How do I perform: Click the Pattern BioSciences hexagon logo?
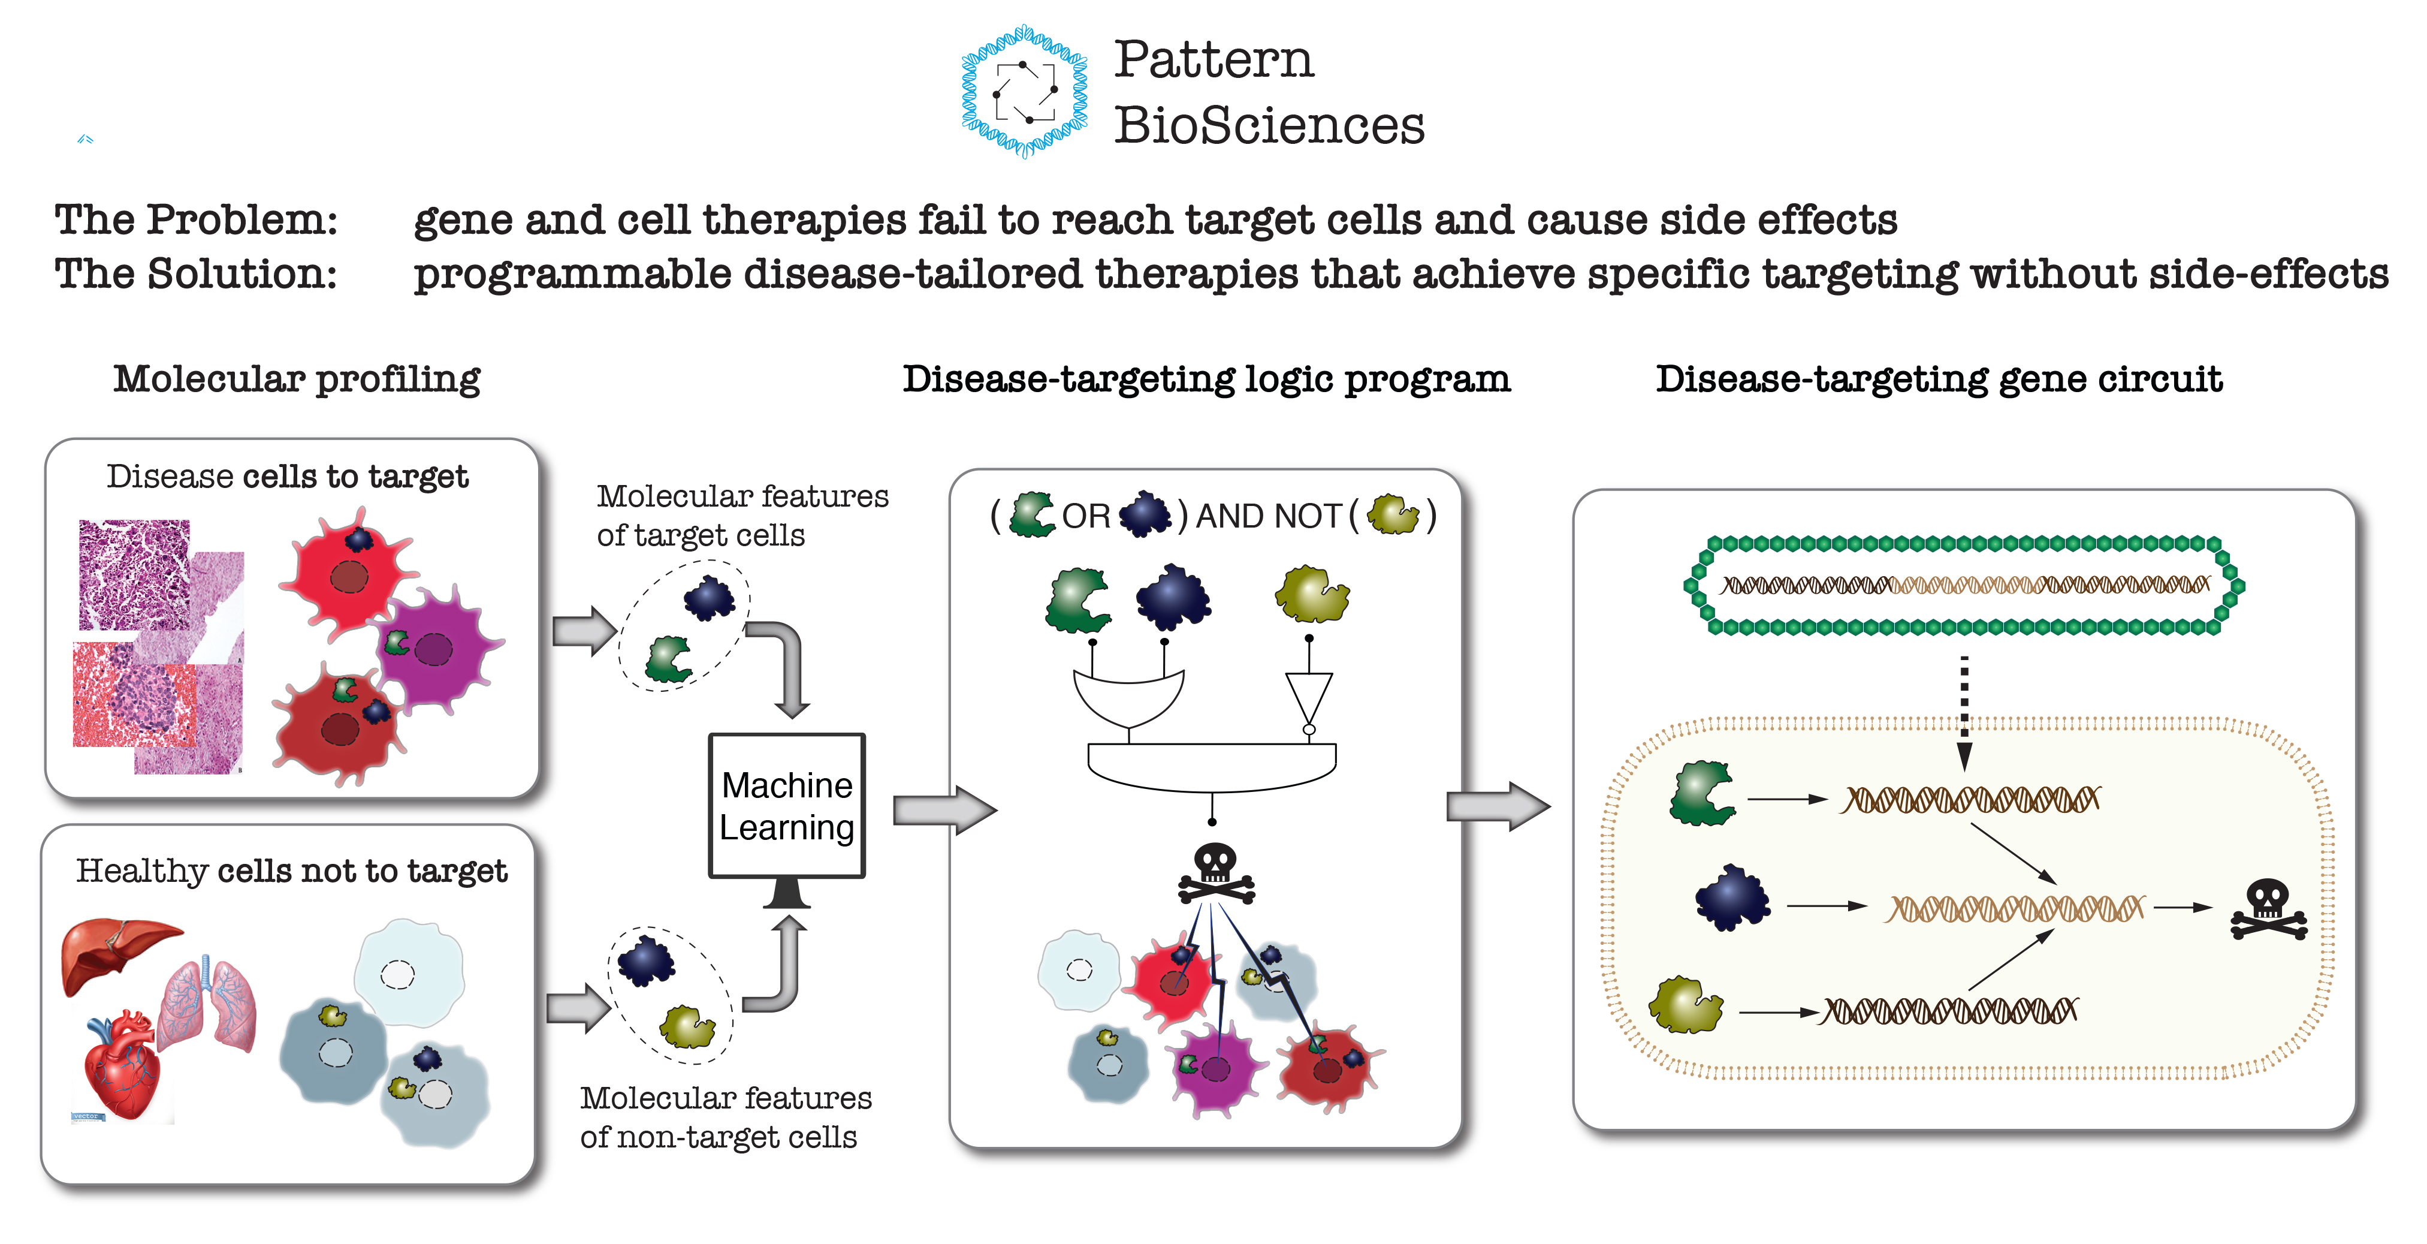point(1024,91)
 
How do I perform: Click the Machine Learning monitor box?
point(787,806)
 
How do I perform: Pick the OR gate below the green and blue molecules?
point(1129,697)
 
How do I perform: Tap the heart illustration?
point(122,1065)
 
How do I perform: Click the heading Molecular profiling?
point(297,379)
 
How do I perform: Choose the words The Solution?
point(196,274)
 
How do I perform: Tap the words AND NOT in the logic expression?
point(1268,516)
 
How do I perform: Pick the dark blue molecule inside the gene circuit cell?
point(1732,898)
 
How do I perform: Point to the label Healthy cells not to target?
point(291,871)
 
